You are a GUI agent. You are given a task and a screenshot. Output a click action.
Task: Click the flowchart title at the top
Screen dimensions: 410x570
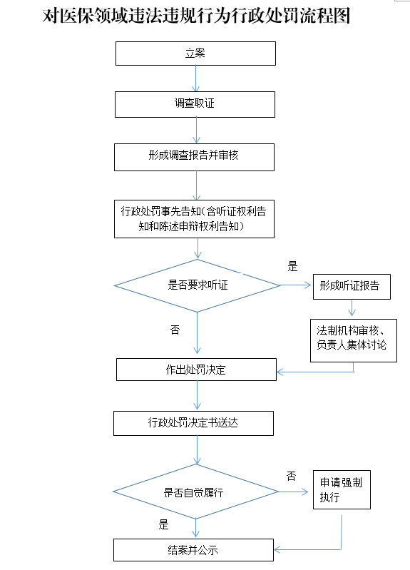pyautogui.click(x=196, y=16)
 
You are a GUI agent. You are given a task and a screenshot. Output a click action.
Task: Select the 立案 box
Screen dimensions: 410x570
pyautogui.click(x=195, y=54)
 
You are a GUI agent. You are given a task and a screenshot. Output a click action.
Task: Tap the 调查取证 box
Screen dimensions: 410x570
pyautogui.click(x=195, y=104)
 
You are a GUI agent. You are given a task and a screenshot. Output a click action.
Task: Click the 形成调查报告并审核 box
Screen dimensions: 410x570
pyautogui.click(x=194, y=157)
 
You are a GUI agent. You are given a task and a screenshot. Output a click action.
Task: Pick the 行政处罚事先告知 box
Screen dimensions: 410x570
pyautogui.click(x=194, y=219)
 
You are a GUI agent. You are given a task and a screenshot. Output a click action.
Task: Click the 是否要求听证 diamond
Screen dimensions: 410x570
pyautogui.click(x=197, y=285)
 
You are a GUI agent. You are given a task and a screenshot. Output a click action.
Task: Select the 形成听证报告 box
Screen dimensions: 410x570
pyautogui.click(x=352, y=287)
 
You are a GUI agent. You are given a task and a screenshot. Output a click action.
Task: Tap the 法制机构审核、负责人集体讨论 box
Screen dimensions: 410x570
pyautogui.click(x=354, y=340)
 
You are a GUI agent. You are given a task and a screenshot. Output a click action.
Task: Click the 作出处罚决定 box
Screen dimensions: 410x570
pyautogui.click(x=196, y=370)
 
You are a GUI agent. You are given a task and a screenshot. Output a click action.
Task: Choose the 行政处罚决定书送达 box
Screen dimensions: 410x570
pyautogui.click(x=193, y=423)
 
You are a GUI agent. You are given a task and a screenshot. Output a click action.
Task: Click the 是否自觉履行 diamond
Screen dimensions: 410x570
pyautogui.click(x=195, y=492)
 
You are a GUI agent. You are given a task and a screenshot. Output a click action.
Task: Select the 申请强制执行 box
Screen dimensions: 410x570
pyautogui.click(x=342, y=489)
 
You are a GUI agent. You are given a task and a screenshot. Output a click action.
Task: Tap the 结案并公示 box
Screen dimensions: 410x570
pyautogui.click(x=193, y=550)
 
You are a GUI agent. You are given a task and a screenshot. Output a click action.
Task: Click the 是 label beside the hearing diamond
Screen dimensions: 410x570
pyautogui.click(x=292, y=267)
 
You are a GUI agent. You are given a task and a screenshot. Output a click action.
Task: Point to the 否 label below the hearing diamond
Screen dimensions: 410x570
pyautogui.click(x=175, y=330)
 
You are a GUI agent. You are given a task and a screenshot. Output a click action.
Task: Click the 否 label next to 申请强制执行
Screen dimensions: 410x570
pyautogui.click(x=291, y=476)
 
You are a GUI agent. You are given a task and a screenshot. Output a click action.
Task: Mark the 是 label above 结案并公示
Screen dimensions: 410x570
pyautogui.click(x=163, y=524)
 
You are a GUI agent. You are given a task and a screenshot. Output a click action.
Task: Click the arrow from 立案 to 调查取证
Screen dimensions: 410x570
pyautogui.click(x=196, y=78)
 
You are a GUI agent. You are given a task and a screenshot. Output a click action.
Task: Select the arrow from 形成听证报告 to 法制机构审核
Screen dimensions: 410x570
pyautogui.click(x=352, y=307)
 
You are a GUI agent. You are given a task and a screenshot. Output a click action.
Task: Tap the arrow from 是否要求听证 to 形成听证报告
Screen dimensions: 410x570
pyautogui.click(x=295, y=285)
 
